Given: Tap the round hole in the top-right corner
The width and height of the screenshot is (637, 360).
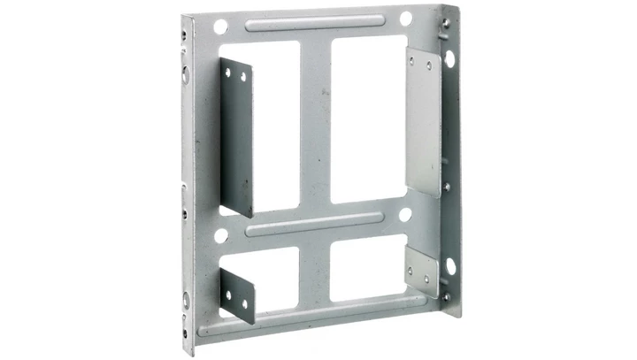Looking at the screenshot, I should tap(405, 19).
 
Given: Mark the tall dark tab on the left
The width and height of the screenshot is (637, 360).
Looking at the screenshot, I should tap(236, 137).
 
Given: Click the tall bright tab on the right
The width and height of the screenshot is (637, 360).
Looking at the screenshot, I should tap(423, 119).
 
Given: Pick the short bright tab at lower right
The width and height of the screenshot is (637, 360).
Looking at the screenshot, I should tap(422, 271).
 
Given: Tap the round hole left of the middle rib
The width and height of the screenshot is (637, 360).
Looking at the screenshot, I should tap(220, 236).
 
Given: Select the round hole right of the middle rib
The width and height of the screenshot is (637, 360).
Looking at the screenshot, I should tap(405, 214).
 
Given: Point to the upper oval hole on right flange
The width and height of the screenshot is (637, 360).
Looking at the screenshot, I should tap(450, 59).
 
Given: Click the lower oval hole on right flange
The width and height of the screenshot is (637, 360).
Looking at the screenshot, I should tap(450, 266).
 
